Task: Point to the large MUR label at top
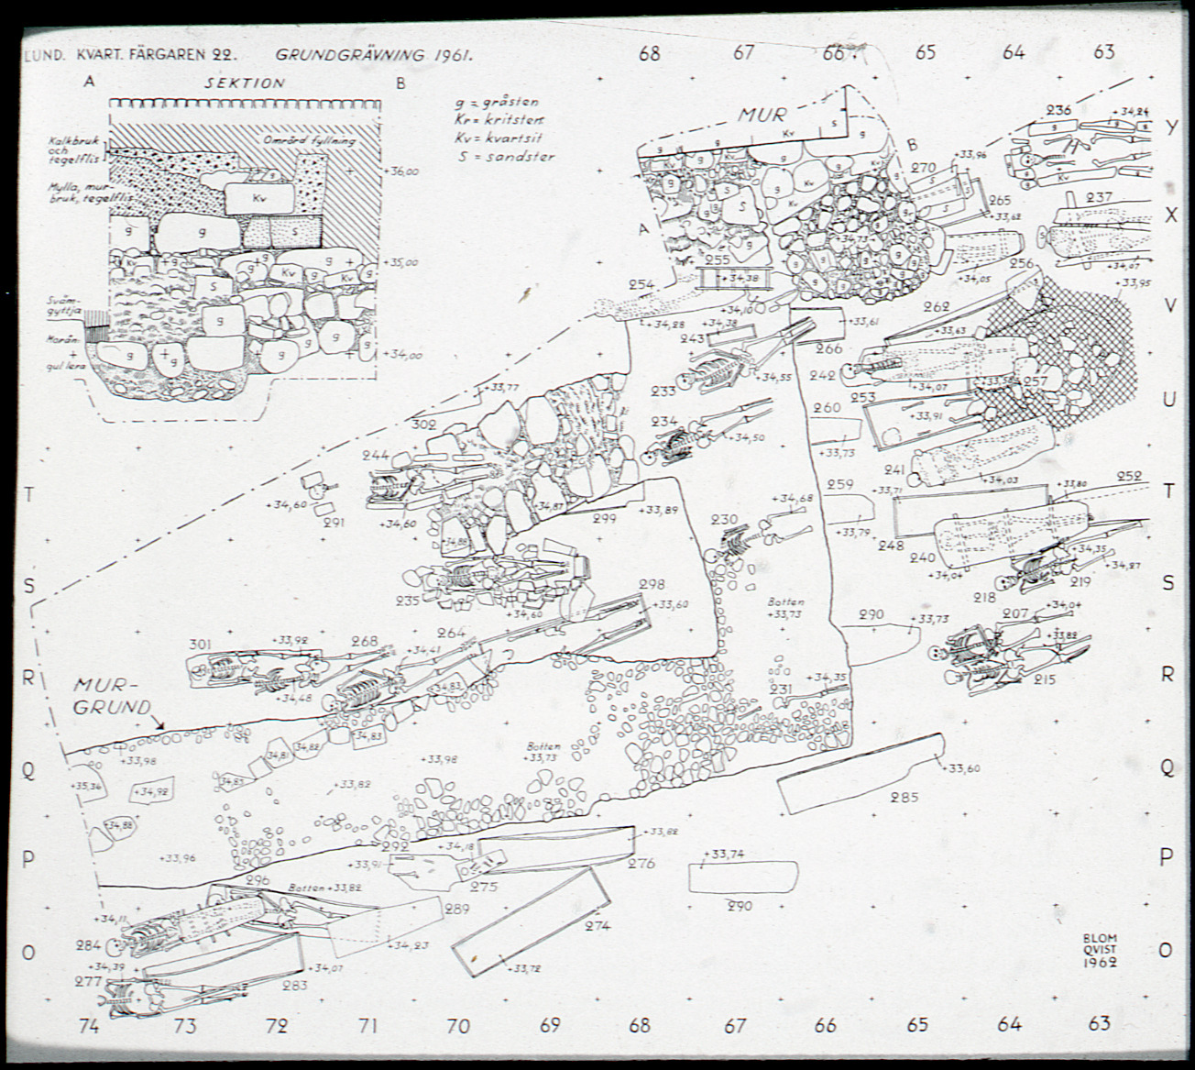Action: click(x=762, y=116)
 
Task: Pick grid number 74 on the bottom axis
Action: click(x=88, y=1026)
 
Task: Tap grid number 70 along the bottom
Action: click(x=458, y=1026)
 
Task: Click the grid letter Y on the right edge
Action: click(x=1170, y=127)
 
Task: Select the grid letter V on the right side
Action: click(x=1169, y=306)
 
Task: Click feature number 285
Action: click(x=904, y=797)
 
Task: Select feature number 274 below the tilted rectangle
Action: click(x=597, y=926)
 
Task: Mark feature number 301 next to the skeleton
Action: click(x=201, y=645)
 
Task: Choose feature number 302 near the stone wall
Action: click(x=423, y=425)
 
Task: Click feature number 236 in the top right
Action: click(x=1058, y=111)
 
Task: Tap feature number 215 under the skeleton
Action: click(x=1044, y=679)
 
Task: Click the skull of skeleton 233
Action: click(x=683, y=380)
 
